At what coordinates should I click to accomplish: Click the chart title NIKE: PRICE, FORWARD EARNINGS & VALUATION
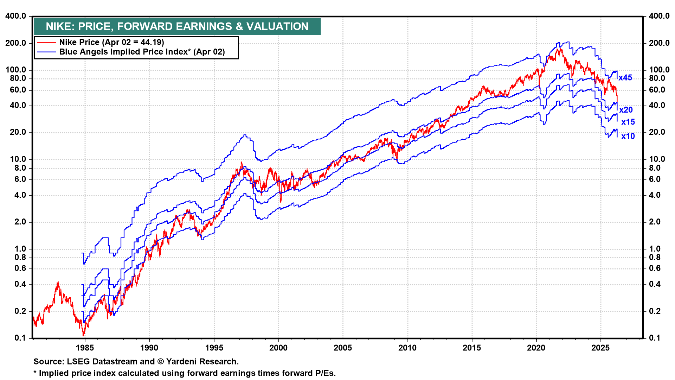point(177,26)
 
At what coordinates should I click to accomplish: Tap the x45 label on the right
point(625,78)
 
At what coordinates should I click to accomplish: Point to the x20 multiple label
point(626,110)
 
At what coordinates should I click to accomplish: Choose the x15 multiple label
point(628,122)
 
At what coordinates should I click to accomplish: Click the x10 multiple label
point(628,136)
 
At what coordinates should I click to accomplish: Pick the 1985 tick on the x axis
point(85,348)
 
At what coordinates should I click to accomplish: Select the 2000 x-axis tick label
point(278,348)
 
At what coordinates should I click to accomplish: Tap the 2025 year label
point(600,348)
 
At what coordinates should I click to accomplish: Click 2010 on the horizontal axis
point(407,348)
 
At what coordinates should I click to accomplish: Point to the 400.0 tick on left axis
point(15,16)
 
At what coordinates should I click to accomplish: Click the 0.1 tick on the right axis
point(655,338)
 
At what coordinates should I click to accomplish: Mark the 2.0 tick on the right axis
point(655,222)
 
